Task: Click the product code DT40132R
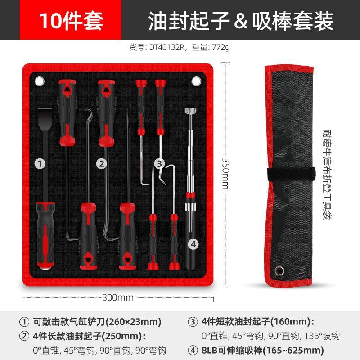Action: pyautogui.click(x=167, y=47)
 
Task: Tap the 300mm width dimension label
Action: pyautogui.click(x=118, y=297)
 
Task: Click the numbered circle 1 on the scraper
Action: pyautogui.click(x=41, y=164)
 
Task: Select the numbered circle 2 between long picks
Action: pyautogui.click(x=103, y=164)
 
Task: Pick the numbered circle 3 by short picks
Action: pyautogui.click(x=158, y=164)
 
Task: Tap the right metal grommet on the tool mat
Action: pyautogui.click(x=196, y=81)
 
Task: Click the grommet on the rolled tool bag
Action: pyautogui.click(x=279, y=270)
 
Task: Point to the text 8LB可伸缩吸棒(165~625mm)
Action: pyautogui.click(x=262, y=350)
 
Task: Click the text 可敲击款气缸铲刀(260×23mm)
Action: pyautogui.click(x=97, y=322)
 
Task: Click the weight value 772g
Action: pyautogui.click(x=220, y=47)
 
